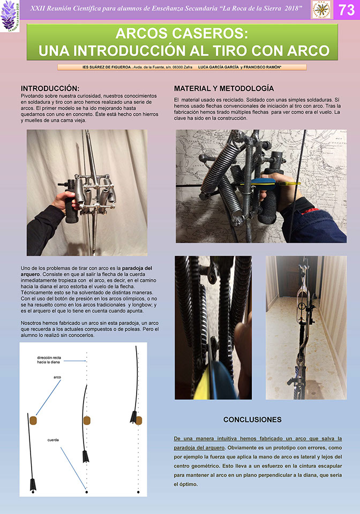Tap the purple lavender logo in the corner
[x=9, y=15]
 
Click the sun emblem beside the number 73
[x=321, y=10]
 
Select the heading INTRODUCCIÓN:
[x=50, y=88]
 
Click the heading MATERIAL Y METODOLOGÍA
[x=224, y=88]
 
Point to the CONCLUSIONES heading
[x=252, y=419]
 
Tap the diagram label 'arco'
[x=57, y=377]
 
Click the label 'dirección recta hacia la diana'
[x=49, y=359]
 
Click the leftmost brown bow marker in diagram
[x=33, y=419]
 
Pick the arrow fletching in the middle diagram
[x=85, y=457]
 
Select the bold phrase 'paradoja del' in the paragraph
[x=138, y=268]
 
